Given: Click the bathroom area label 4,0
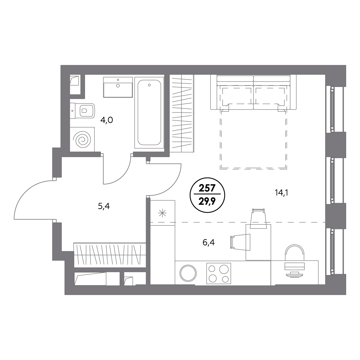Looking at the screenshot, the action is [x=107, y=120].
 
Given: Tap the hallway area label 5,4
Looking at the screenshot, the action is [x=104, y=206].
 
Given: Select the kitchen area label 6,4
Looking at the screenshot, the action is [x=209, y=243].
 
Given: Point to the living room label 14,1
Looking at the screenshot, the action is [x=282, y=193].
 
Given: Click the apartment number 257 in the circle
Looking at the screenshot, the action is [x=207, y=188].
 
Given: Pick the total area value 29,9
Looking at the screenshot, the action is [x=207, y=201].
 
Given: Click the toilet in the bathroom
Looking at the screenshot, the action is [x=83, y=110].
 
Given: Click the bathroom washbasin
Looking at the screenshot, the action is [x=118, y=87].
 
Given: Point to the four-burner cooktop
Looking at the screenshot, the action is [x=218, y=274].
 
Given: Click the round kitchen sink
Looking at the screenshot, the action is [x=188, y=273].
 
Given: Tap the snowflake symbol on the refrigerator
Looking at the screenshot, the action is [x=162, y=213].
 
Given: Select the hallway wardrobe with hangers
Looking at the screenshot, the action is [x=110, y=255].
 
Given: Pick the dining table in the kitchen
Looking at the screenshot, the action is [x=258, y=242].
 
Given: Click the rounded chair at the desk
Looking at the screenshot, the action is [x=294, y=252].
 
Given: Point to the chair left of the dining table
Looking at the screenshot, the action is [x=240, y=242].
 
